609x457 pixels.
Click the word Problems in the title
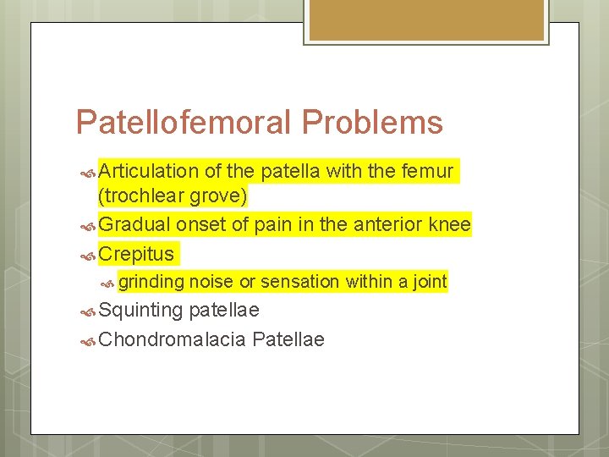point(371,124)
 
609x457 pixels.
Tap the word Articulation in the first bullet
point(148,172)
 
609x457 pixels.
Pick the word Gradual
point(134,224)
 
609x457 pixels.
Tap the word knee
point(450,224)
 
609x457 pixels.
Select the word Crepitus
point(136,253)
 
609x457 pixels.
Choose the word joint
point(429,282)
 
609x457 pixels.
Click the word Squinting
point(140,311)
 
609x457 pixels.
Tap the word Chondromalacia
point(172,339)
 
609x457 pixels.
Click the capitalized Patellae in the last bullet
point(288,339)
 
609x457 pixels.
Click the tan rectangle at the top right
point(426,20)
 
